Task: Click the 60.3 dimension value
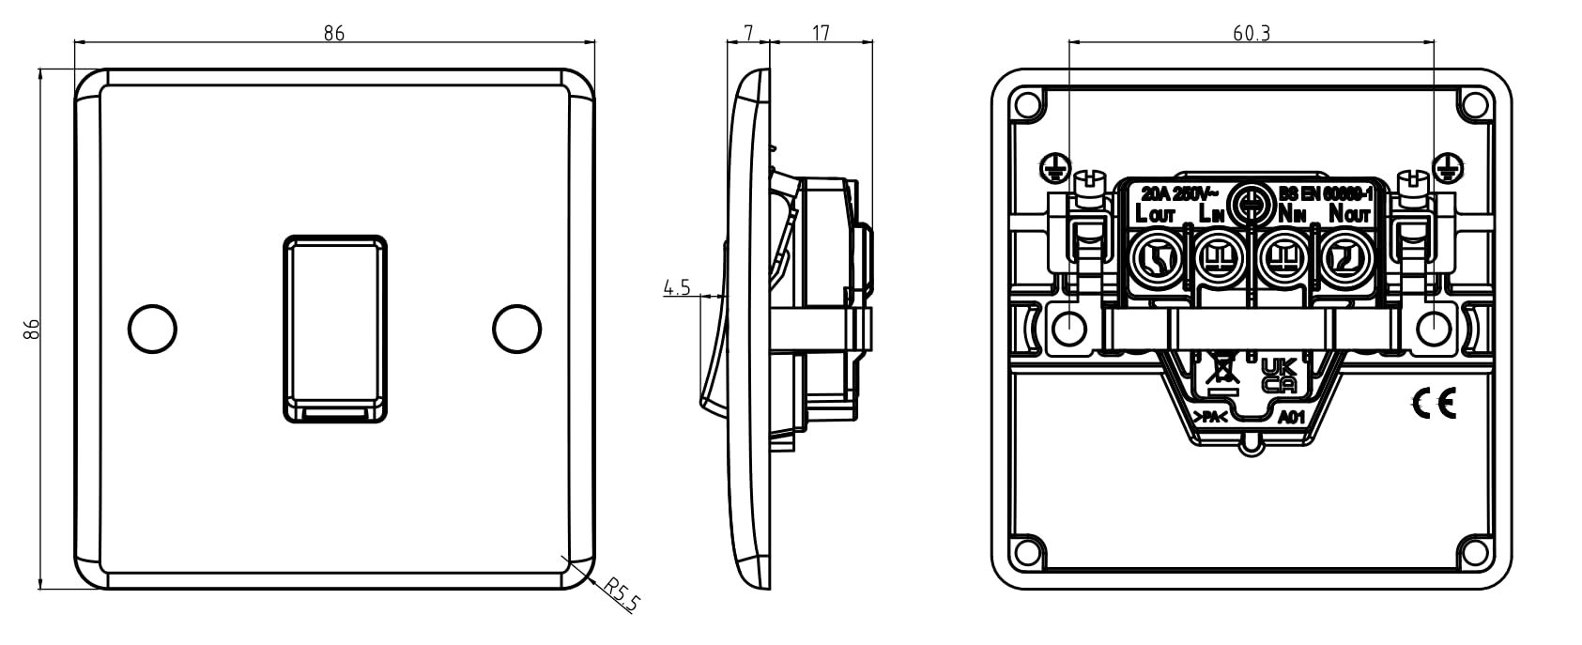pyautogui.click(x=1251, y=33)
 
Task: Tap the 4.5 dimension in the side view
pyautogui.click(x=676, y=287)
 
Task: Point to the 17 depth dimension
pyautogui.click(x=821, y=33)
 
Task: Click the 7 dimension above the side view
pyautogui.click(x=748, y=33)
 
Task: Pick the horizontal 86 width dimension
pyautogui.click(x=334, y=33)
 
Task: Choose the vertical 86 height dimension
pyautogui.click(x=31, y=329)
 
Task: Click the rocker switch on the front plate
pyautogui.click(x=334, y=328)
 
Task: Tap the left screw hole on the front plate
pyautogui.click(x=152, y=328)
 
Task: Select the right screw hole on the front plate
pyautogui.click(x=516, y=328)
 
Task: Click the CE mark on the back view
pyautogui.click(x=1433, y=404)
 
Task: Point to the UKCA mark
pyautogui.click(x=1279, y=375)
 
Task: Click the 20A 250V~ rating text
pyautogui.click(x=1175, y=194)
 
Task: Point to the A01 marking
pyautogui.click(x=1292, y=417)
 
